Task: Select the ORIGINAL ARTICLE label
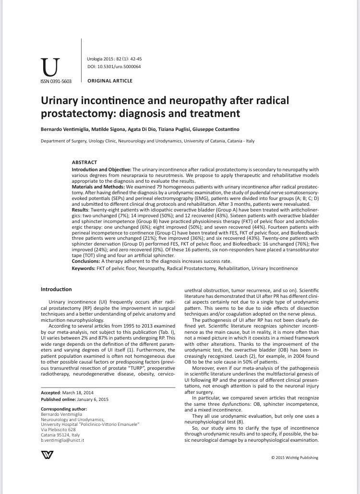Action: (x=110, y=81)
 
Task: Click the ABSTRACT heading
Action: (x=84, y=163)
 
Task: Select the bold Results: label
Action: (x=81, y=210)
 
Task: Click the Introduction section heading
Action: (x=56, y=290)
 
